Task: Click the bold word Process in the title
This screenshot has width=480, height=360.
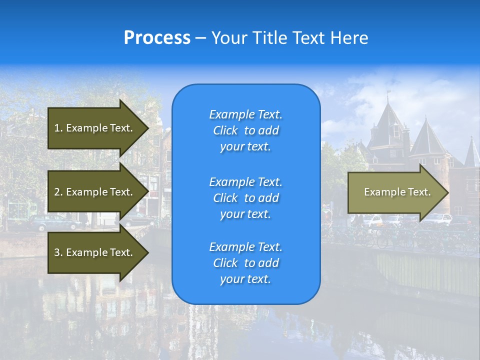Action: (157, 38)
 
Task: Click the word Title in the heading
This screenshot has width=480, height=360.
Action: (267, 38)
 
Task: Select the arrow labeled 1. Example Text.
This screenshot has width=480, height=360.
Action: (95, 128)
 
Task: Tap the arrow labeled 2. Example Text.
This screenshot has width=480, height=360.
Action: (95, 192)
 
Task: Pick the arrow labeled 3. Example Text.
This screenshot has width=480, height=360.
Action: (95, 252)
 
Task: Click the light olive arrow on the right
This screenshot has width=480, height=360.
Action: (395, 192)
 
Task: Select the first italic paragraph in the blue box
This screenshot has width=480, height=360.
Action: (245, 130)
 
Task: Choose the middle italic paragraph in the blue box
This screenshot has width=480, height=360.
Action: (245, 197)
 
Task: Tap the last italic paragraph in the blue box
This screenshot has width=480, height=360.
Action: (245, 263)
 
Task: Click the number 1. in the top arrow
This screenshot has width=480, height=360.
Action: (58, 128)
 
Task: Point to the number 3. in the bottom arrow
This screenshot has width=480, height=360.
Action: (58, 252)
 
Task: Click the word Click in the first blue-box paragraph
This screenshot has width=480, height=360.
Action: (225, 130)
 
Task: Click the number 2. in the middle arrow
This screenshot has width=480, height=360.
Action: (58, 192)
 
